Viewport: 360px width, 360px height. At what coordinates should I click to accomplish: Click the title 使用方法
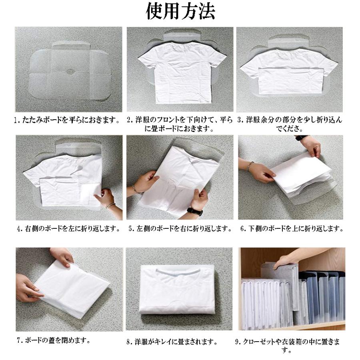[x=180, y=12]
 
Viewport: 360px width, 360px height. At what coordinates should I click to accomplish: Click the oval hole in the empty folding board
[x=71, y=72]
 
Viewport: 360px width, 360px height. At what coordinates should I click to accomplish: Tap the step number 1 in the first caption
[x=16, y=120]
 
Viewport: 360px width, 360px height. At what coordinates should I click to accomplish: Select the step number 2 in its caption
[x=129, y=120]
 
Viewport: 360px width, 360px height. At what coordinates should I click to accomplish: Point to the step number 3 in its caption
[x=240, y=120]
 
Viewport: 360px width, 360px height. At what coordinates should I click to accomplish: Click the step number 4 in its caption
[x=19, y=229]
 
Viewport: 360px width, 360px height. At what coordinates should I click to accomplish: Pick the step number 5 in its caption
[x=131, y=229]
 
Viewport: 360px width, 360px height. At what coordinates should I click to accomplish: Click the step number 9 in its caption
[x=237, y=342]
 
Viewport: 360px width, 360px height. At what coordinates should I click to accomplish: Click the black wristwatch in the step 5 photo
[x=195, y=211]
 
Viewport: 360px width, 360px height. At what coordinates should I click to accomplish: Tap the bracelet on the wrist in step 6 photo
[x=250, y=166]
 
